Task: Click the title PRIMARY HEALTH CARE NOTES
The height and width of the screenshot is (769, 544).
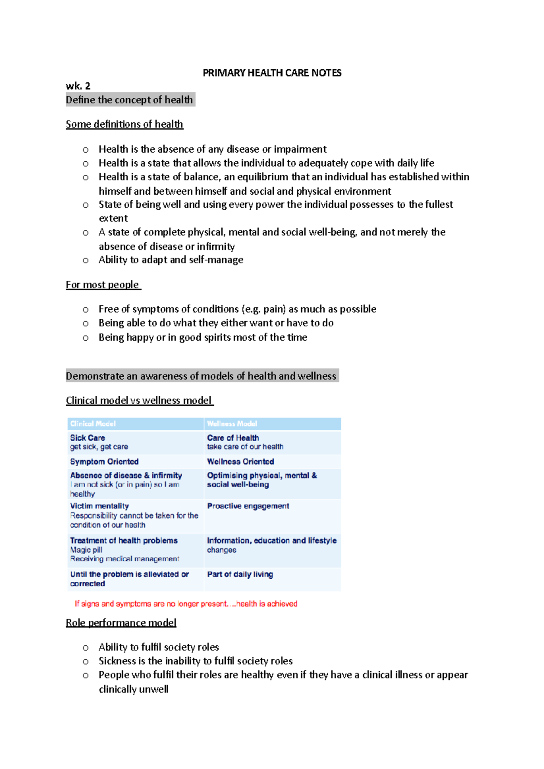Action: pyautogui.click(x=272, y=73)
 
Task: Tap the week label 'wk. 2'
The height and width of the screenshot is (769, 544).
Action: pyautogui.click(x=78, y=86)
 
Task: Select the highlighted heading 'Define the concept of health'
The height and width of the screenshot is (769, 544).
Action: pyautogui.click(x=130, y=100)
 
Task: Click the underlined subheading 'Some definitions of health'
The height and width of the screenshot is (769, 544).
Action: pyautogui.click(x=124, y=124)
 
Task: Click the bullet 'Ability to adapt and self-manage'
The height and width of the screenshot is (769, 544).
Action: pyautogui.click(x=171, y=260)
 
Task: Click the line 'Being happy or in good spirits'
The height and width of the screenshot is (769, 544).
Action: pyautogui.click(x=203, y=337)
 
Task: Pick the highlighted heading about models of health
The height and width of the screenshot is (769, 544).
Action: pyautogui.click(x=201, y=376)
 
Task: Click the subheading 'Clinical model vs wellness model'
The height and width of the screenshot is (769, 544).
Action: pyautogui.click(x=139, y=401)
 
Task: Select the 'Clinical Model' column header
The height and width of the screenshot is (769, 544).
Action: pyautogui.click(x=93, y=424)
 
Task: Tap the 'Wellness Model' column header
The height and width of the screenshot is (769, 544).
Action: pyautogui.click(x=232, y=424)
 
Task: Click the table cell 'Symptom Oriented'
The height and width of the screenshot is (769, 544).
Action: pyautogui.click(x=104, y=461)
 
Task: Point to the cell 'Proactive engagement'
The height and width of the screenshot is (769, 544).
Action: pyautogui.click(x=248, y=506)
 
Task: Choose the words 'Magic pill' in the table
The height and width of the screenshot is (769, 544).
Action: pyautogui.click(x=86, y=550)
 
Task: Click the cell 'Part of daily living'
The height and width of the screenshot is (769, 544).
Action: pyautogui.click(x=240, y=574)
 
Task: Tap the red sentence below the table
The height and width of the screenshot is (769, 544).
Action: pyautogui.click(x=186, y=604)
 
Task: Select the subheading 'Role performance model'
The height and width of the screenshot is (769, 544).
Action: pyautogui.click(x=121, y=623)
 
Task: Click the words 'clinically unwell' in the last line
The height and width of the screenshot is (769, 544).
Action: pyautogui.click(x=133, y=689)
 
